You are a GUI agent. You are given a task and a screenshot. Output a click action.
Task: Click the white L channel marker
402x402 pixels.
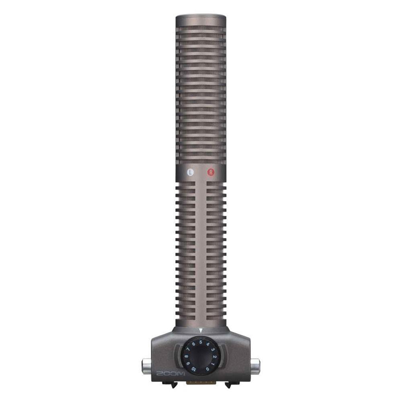point(191,172)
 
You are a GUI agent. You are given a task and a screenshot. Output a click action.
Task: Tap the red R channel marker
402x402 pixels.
point(211,172)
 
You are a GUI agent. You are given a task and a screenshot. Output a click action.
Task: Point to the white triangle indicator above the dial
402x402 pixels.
point(200,330)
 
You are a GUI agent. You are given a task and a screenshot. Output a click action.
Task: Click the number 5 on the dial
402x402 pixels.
point(200,342)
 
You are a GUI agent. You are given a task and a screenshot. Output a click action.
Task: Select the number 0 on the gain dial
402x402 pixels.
point(207,369)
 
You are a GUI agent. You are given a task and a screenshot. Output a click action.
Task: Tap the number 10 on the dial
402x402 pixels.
point(194,369)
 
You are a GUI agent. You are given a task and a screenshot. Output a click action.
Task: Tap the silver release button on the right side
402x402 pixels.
point(255,366)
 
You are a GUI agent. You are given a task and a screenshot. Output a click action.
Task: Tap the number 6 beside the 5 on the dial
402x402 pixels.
point(194,344)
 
